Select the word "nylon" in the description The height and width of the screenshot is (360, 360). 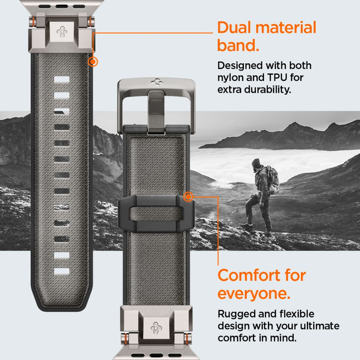point(231,78)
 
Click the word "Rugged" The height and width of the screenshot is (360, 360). point(236,314)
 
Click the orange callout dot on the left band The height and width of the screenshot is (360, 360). point(93,62)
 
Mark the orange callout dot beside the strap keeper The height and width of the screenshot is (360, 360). point(188,196)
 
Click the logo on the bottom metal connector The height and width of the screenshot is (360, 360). point(156,328)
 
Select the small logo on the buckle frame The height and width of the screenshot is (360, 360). point(156,81)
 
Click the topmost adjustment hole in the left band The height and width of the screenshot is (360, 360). point(61,79)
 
